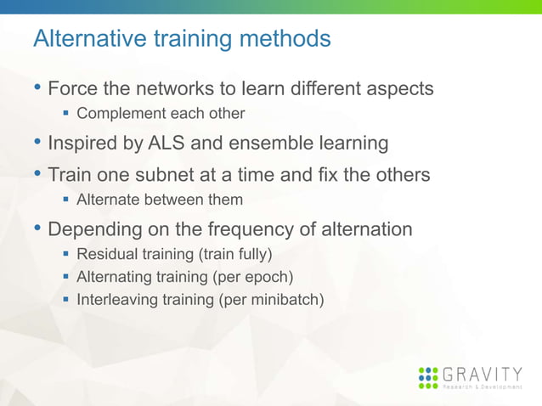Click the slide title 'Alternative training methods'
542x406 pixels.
(x=181, y=39)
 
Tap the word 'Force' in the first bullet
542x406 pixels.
(x=71, y=88)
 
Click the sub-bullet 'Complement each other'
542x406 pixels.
(x=161, y=114)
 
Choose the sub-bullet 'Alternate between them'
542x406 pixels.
(x=160, y=200)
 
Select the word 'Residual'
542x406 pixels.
(x=104, y=254)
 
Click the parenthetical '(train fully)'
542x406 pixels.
(x=235, y=254)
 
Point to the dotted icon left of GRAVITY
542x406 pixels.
(x=429, y=378)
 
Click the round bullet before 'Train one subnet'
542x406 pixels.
(x=37, y=175)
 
